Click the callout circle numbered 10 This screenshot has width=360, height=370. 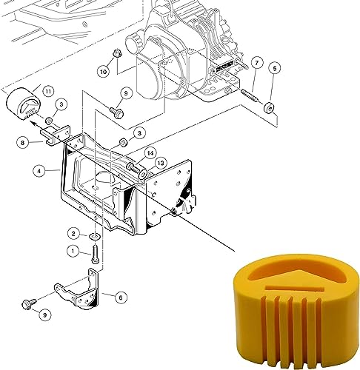[102, 72]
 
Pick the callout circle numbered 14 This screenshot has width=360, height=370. [150, 154]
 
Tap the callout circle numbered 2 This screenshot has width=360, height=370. [75, 234]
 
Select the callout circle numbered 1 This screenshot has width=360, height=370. [73, 251]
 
